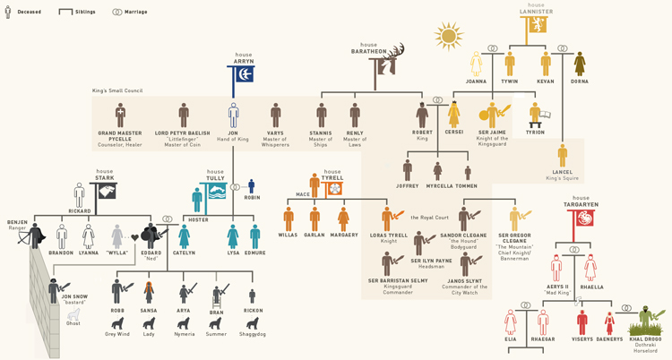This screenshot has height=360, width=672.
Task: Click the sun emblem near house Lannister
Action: point(449,37)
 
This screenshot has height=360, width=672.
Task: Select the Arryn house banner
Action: point(243,73)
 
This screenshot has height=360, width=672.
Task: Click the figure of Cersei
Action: point(454,114)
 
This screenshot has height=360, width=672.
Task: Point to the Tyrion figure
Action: point(537,116)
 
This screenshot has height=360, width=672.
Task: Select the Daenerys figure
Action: point(610,321)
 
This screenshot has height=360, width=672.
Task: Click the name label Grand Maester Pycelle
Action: point(120,137)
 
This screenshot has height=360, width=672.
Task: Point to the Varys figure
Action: point(276,115)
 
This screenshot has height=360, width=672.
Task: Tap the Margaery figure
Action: point(343,219)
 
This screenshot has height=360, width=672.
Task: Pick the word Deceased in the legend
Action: point(30,12)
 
